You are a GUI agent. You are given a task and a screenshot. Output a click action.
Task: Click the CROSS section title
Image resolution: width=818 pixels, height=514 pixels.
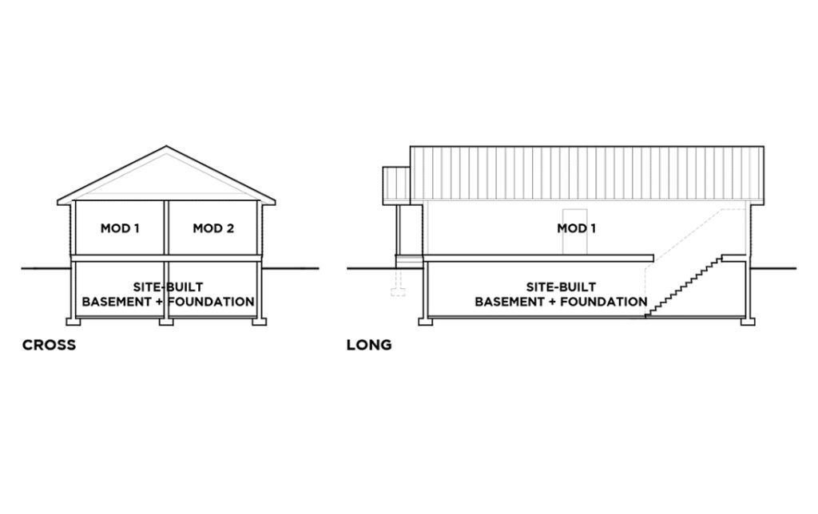pyautogui.click(x=49, y=345)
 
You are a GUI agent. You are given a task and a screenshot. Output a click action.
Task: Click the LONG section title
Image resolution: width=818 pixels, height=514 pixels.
pyautogui.click(x=369, y=345)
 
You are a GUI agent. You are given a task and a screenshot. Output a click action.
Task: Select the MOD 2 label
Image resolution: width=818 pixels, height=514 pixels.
pyautogui.click(x=213, y=227)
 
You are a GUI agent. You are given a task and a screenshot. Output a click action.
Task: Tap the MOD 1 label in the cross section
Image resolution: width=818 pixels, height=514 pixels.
pyautogui.click(x=120, y=227)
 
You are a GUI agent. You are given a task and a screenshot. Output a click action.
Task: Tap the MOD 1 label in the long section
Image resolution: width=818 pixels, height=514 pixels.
pyautogui.click(x=577, y=227)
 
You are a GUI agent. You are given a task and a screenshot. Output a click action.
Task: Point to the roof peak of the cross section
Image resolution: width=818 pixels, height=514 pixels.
pyautogui.click(x=166, y=147)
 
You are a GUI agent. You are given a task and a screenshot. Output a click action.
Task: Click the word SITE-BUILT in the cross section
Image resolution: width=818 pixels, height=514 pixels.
pyautogui.click(x=168, y=287)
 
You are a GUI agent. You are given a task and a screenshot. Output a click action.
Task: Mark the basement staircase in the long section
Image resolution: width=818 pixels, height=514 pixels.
pyautogui.click(x=684, y=286)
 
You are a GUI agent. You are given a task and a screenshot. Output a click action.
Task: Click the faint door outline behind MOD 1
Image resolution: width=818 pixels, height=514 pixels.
pyautogui.click(x=575, y=232)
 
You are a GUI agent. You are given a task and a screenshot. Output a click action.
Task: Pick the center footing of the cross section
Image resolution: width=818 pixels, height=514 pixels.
pyautogui.click(x=166, y=322)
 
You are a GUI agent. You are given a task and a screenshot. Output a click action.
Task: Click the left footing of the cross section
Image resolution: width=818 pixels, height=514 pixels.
pyautogui.click(x=73, y=322)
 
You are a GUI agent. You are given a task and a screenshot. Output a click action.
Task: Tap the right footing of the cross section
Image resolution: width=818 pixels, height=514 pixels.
pyautogui.click(x=260, y=322)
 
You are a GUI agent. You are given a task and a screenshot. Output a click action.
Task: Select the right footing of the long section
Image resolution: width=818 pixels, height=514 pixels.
pyautogui.click(x=748, y=322)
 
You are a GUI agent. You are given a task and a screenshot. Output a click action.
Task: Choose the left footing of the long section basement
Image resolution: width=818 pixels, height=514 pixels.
pyautogui.click(x=426, y=322)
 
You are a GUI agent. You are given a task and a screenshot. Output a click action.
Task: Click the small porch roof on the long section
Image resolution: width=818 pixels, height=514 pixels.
pyautogui.click(x=396, y=186)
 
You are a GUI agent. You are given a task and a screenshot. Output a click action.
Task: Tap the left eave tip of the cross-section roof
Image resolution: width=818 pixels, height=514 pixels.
pyautogui.click(x=58, y=202)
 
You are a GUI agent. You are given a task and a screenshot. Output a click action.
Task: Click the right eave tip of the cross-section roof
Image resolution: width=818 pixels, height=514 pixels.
pyautogui.click(x=275, y=202)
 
